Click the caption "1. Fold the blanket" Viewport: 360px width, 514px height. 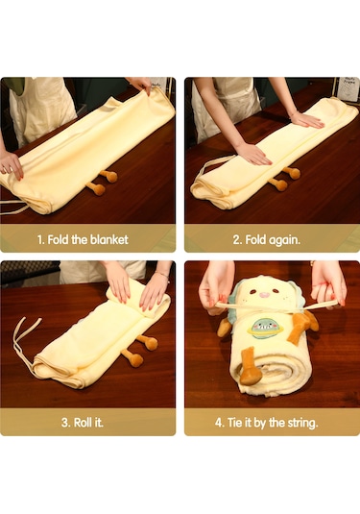[83, 239]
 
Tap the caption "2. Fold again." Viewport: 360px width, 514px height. [266, 240]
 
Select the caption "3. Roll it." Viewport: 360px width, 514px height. [83, 422]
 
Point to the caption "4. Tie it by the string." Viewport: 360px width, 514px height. [266, 423]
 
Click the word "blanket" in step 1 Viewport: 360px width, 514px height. [109, 239]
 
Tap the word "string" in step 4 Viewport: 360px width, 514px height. [301, 423]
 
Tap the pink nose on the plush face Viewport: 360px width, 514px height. [264, 295]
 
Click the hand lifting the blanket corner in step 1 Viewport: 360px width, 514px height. [140, 85]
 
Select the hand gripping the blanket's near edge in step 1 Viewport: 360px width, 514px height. [12, 166]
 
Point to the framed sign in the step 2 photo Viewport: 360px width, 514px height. [348, 88]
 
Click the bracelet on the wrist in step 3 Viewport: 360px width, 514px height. [162, 274]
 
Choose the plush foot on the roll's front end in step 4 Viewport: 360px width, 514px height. [251, 367]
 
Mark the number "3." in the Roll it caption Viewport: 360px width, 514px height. [66, 423]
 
